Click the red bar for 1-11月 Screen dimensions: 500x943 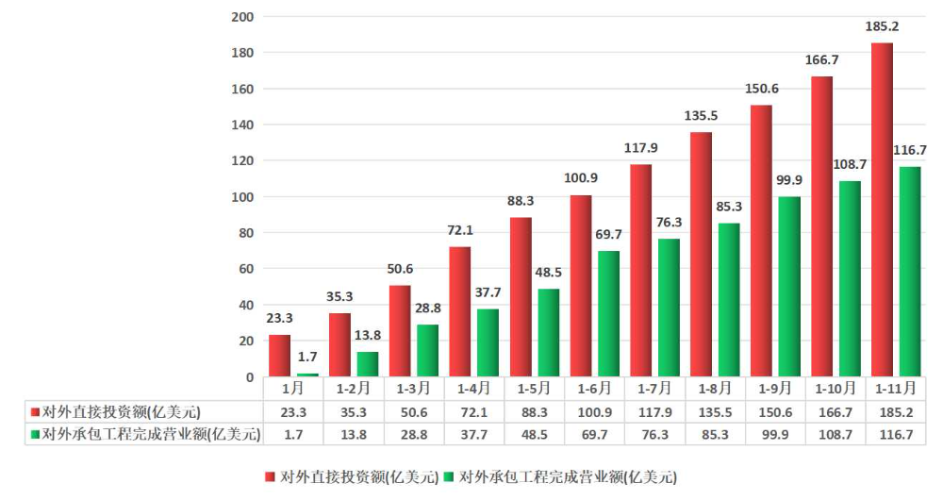[x=882, y=209]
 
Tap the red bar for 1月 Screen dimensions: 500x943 [x=279, y=356]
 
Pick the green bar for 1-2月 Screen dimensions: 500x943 [x=368, y=364]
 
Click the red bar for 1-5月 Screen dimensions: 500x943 [x=521, y=297]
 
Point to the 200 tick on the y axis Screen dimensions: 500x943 [x=242, y=17]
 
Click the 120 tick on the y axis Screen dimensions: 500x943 [x=242, y=161]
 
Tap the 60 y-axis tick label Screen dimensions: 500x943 [x=246, y=269]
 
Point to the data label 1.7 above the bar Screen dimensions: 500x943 [x=308, y=358]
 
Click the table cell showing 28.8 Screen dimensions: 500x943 [x=414, y=434]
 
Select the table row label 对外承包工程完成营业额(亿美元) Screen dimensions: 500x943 [x=145, y=434]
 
